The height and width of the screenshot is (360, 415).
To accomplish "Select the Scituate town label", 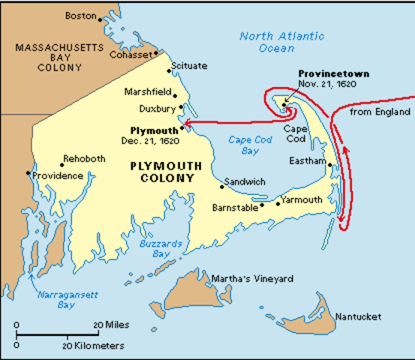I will click(188, 66).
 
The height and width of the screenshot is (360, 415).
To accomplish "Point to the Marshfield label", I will click(147, 92).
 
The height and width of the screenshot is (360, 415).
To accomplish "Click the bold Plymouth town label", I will click(155, 129).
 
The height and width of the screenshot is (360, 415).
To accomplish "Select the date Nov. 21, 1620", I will click(327, 84).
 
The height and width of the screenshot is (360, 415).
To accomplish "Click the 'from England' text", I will click(381, 112).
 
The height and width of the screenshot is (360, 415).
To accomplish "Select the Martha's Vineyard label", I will click(251, 279).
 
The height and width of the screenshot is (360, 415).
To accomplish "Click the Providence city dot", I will click(27, 173).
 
